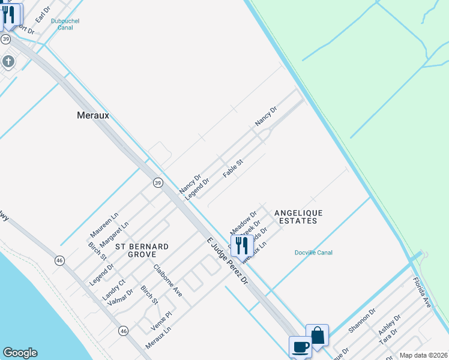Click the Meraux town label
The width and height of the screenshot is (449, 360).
click(93, 115)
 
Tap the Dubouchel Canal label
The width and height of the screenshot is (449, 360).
click(65, 24)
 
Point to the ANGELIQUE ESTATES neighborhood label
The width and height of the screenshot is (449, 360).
click(298, 217)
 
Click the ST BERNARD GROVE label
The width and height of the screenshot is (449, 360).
click(142, 251)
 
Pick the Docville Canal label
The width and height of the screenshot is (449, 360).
click(313, 253)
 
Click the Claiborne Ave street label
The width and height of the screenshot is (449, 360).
click(167, 280)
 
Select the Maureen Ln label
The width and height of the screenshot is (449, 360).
click(104, 223)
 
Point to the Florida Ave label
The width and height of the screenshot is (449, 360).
click(422, 293)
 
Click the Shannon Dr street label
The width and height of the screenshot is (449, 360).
click(361, 320)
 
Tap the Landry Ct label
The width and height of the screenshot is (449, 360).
click(113, 289)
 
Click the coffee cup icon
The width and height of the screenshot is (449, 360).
click(300, 346)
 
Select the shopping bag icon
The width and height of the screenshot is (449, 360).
click(317, 335)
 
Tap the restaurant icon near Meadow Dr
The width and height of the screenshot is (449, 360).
click(242, 245)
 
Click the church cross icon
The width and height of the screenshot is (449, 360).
click(8, 61)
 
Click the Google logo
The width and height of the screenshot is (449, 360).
click(20, 353)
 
